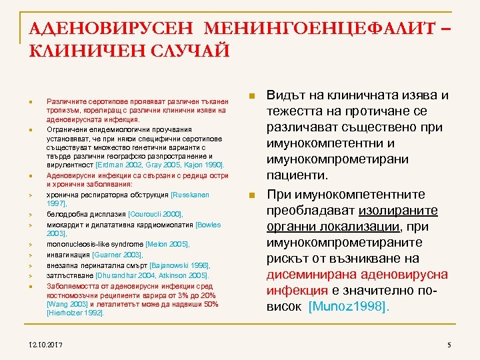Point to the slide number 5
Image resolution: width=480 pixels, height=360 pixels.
[x=449, y=344]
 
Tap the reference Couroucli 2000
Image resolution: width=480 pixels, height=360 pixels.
[x=154, y=214]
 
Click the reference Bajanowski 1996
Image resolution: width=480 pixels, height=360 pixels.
[x=179, y=265]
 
